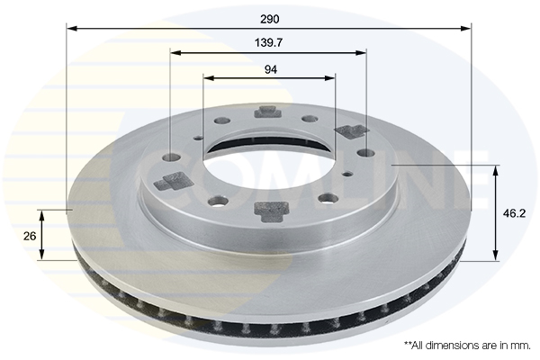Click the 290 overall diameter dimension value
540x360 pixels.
coord(270,19)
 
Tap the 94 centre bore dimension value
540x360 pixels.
coord(271,69)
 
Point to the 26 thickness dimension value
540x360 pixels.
coord(30,236)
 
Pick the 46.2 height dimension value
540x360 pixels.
coord(515,213)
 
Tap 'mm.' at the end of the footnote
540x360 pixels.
coord(522,346)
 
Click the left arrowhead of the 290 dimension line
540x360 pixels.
coord(71,28)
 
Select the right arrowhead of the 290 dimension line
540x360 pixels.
coord(465,28)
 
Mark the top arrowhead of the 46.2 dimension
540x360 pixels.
coord(496,170)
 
